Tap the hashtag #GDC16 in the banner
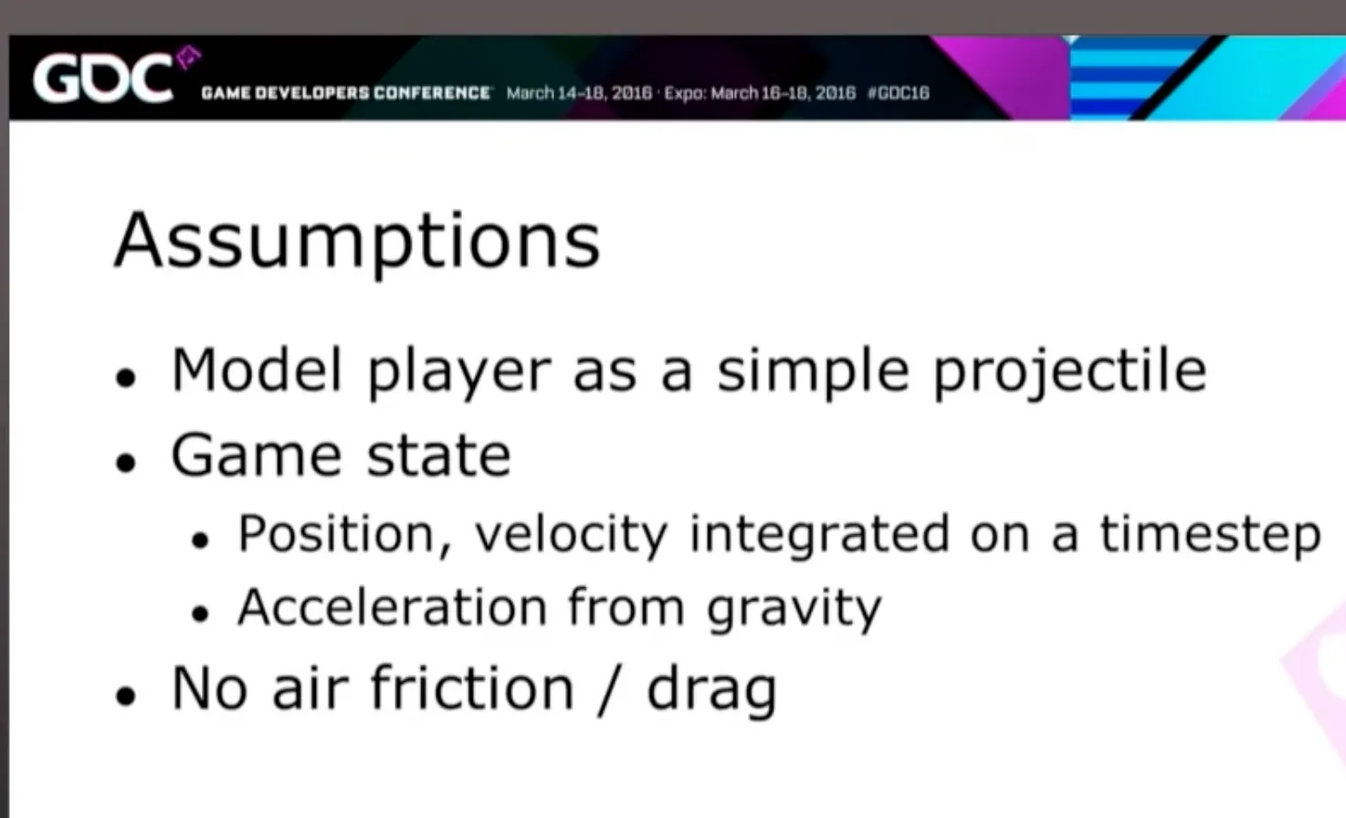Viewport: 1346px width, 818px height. coord(899,93)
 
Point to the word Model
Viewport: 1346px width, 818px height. coord(257,370)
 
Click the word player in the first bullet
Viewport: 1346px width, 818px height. coord(459,373)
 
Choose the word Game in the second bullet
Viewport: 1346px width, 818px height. coord(257,455)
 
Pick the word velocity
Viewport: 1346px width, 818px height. coord(572,535)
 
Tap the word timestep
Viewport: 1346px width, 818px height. coord(1210,535)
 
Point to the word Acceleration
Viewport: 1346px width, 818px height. coord(393,606)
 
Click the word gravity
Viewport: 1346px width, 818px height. coord(794,610)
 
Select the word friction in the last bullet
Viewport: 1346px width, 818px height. coord(473,687)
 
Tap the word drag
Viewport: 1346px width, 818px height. coord(712,692)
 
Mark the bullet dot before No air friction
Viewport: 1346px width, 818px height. coord(126,696)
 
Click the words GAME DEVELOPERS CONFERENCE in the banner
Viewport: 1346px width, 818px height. coord(346,93)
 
